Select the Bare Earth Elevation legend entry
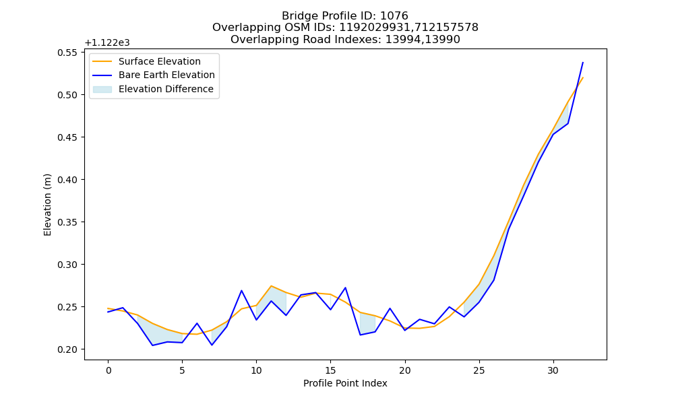point(154,75)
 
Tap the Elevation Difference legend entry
point(153,89)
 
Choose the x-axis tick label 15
point(330,370)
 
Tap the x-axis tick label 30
point(553,370)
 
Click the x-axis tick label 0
point(108,370)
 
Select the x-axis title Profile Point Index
point(345,383)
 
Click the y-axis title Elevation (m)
point(47,205)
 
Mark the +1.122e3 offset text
point(107,43)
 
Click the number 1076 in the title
point(394,16)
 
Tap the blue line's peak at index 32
point(583,62)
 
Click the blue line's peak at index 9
point(241,291)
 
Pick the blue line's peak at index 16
point(345,288)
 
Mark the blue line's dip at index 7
point(212,345)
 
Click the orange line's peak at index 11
point(271,286)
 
